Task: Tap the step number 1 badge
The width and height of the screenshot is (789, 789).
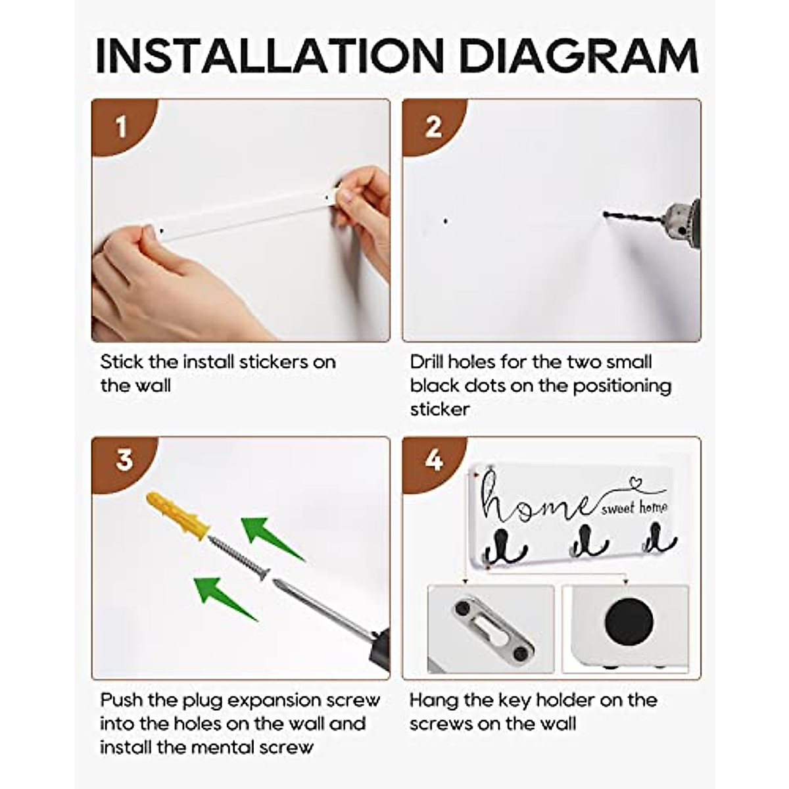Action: point(121,126)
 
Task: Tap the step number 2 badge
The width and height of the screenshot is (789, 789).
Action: point(433,126)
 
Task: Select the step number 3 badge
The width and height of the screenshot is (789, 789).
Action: point(124,460)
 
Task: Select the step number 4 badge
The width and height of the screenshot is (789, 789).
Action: point(434,460)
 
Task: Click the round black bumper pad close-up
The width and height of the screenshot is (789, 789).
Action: point(629,622)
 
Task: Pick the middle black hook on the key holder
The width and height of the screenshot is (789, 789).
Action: point(582,542)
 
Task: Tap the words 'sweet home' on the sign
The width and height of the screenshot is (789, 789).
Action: point(634,508)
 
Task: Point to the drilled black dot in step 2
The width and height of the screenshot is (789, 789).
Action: point(446,222)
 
